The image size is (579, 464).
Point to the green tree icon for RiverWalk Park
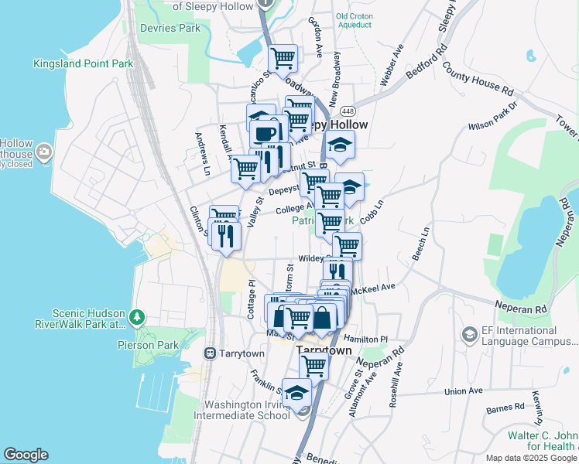click(137, 317)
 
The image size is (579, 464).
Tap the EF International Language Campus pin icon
click(469, 334)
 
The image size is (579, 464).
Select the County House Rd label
click(478, 80)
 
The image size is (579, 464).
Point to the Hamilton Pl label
click(366, 339)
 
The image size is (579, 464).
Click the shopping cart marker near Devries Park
click(283, 57)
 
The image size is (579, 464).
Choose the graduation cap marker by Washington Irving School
click(296, 393)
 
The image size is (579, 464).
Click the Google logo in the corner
click(26, 455)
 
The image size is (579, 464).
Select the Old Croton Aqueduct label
click(353, 21)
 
